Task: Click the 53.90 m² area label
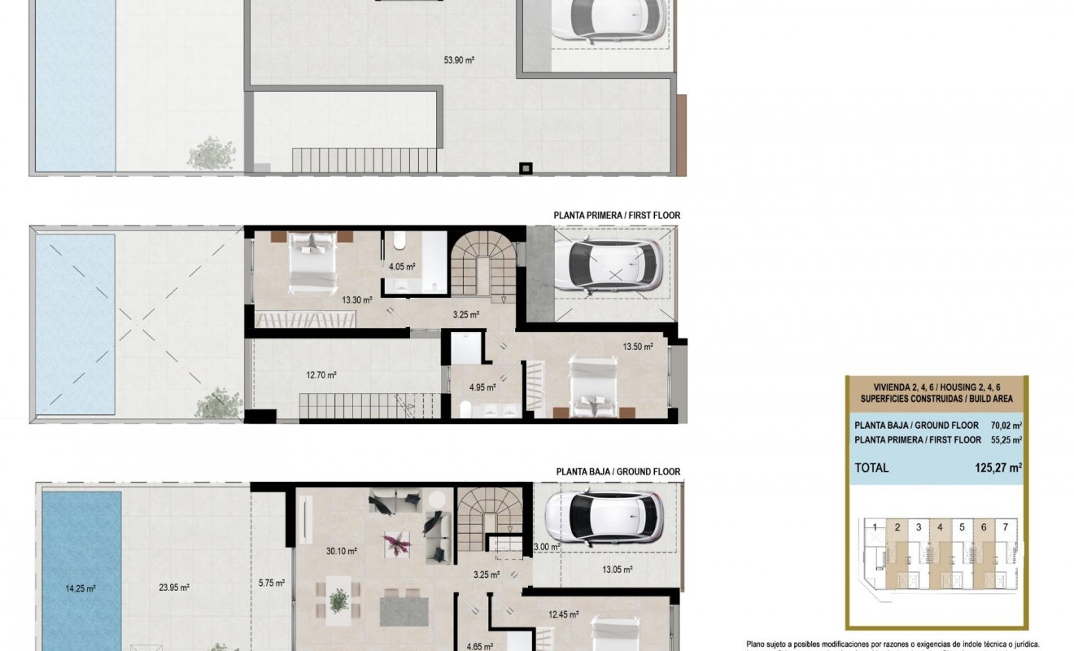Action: click(x=459, y=59)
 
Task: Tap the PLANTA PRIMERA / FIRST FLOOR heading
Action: click(x=617, y=216)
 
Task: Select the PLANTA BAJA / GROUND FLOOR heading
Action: click(x=618, y=471)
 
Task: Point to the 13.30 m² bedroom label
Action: click(x=357, y=300)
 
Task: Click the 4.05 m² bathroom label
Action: click(x=402, y=266)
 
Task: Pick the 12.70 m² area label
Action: click(x=321, y=375)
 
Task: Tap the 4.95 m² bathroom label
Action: click(x=481, y=387)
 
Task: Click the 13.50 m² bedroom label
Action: click(x=638, y=347)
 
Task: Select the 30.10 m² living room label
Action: click(x=342, y=551)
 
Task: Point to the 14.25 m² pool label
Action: click(x=81, y=588)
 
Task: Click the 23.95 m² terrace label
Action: click(x=174, y=588)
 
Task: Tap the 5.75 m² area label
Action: click(x=271, y=583)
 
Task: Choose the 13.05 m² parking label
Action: click(x=617, y=570)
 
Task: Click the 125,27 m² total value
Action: click(x=998, y=468)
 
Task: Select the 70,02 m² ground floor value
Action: click(x=1006, y=425)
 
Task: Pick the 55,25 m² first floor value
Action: click(x=1006, y=440)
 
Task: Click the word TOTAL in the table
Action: click(x=871, y=468)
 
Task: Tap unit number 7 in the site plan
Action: click(x=1006, y=527)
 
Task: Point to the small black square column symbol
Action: click(x=526, y=168)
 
